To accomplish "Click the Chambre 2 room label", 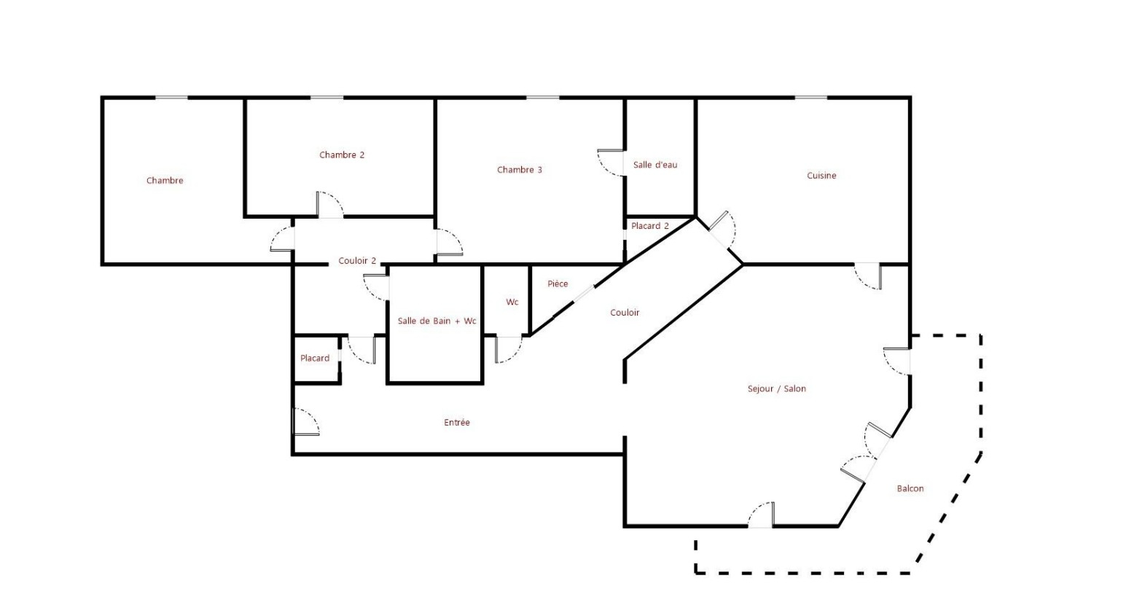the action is pos(341,155).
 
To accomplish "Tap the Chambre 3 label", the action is pos(520,170).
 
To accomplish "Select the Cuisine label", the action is pos(821,176).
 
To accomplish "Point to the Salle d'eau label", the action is pos(654,165).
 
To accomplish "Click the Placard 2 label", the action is pos(649,225).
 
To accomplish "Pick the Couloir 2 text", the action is pos(357,261).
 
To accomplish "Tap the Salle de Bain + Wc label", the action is pos(437,321).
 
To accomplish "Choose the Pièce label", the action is pos(557,284).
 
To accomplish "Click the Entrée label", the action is pos(456,422).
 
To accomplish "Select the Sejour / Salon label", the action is pos(776,389).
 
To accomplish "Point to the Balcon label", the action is pos(910,488).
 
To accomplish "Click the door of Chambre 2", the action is pos(329,205).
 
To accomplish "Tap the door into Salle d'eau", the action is pos(611,163).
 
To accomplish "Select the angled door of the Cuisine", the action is pos(722,230).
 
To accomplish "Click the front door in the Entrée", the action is pos(305,421).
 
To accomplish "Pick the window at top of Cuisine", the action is pos(810,97).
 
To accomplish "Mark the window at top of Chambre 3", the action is pos(542,97).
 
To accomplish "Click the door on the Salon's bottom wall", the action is pos(761,515).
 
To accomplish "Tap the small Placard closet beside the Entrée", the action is pos(316,359).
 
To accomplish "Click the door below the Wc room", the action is pos(509,349).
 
